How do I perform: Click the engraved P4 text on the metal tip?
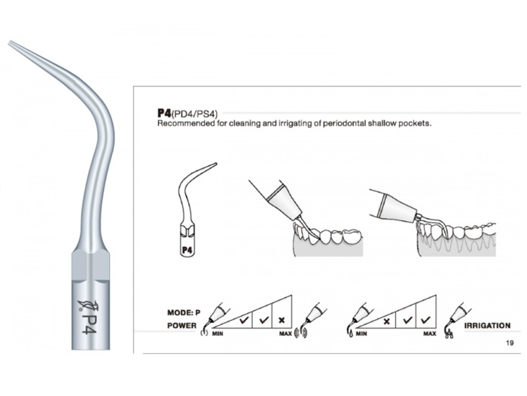(90, 319)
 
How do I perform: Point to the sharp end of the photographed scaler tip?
(11, 42)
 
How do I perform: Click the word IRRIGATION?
(487, 326)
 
